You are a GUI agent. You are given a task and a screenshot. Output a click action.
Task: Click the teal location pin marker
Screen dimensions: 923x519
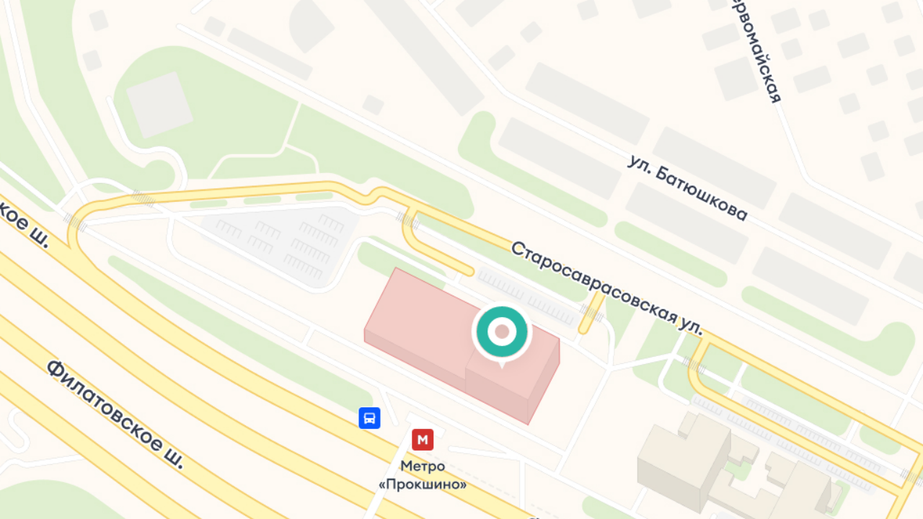(x=502, y=332)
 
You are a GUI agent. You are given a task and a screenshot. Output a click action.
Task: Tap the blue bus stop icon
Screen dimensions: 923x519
(x=369, y=418)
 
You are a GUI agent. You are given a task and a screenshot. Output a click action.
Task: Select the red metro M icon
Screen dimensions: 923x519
(x=423, y=439)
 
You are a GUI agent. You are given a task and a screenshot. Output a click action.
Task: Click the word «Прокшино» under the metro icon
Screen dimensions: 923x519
(x=423, y=484)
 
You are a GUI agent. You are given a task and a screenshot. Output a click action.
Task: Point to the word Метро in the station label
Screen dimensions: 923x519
(x=423, y=466)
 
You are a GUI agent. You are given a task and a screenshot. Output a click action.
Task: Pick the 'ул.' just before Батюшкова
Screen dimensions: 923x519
(x=640, y=167)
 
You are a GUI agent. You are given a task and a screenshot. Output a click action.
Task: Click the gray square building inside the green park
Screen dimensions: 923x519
(x=159, y=105)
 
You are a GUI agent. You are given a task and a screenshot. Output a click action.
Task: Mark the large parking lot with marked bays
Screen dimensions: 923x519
(x=288, y=241)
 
